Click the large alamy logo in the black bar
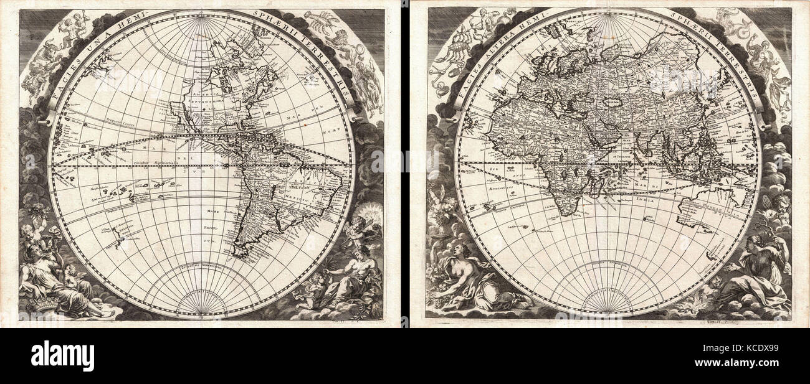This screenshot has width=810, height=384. pyautogui.click(x=62, y=356)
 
